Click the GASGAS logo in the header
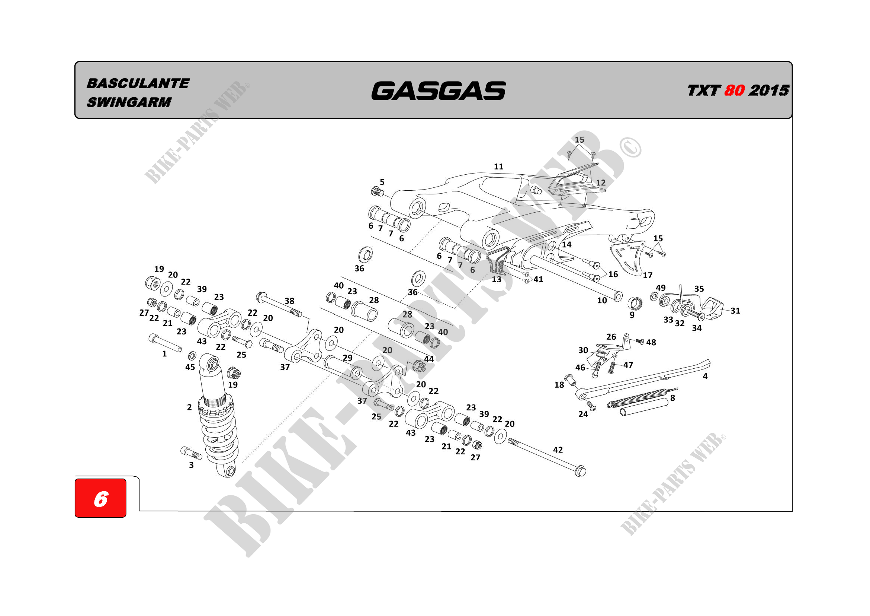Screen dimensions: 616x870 coord(438,91)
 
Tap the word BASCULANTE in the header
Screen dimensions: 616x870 coord(138,83)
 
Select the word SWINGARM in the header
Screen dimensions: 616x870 coord(129,102)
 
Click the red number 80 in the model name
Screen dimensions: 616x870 coord(734,91)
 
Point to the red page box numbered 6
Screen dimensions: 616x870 coord(100,498)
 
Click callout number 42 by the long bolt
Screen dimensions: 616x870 coord(558,450)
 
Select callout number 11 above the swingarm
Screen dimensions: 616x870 coord(499,166)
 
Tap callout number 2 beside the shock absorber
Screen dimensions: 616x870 coord(189,407)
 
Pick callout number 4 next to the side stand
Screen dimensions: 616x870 coord(705,376)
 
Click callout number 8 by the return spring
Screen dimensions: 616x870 coord(672,398)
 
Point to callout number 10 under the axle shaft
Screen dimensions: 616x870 coord(602,301)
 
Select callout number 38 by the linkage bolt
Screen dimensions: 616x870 coord(289,301)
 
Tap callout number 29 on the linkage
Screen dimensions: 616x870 coord(347,358)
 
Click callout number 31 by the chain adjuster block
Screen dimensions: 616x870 coord(735,311)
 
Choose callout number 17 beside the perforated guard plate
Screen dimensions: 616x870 coord(648,275)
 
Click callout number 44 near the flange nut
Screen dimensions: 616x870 coord(429,359)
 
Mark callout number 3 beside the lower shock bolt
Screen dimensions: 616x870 coord(191,465)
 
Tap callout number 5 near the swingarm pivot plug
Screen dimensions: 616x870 coord(382,182)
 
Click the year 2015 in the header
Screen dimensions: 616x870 coord(769,91)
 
